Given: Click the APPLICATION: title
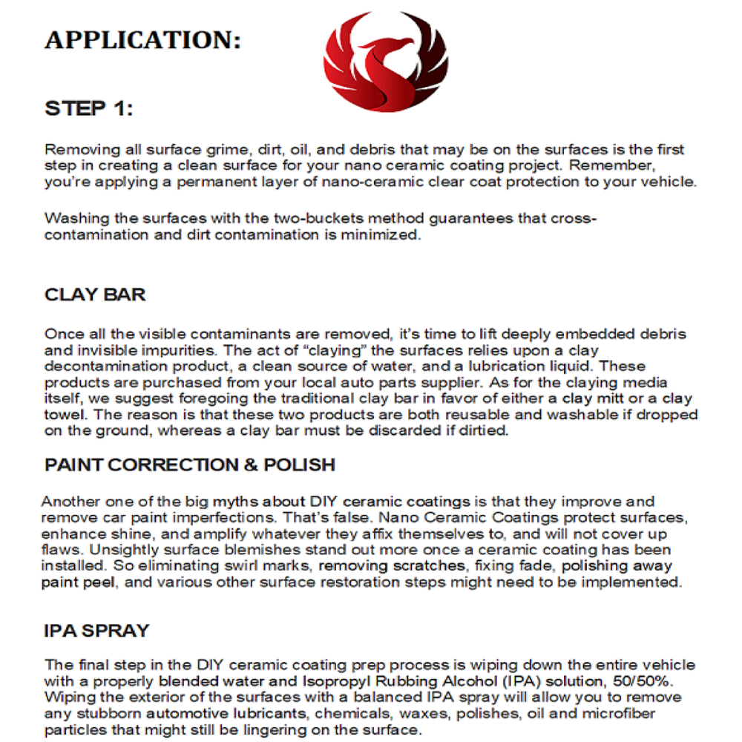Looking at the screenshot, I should (x=143, y=40).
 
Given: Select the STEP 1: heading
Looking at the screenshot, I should (x=89, y=108).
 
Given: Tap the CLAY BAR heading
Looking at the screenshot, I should (x=95, y=295).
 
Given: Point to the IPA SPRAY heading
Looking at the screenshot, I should (x=96, y=631).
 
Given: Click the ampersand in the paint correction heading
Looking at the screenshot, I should (x=251, y=465).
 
